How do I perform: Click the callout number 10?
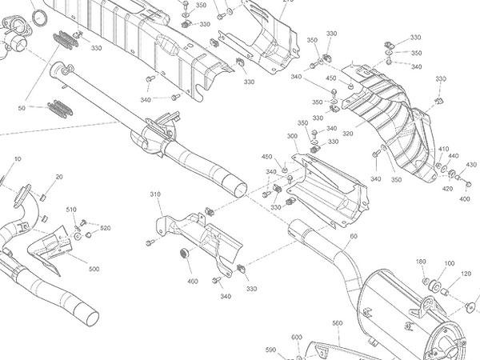[18, 159]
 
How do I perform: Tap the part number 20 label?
[59, 177]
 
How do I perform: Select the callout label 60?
[353, 237]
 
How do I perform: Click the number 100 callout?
[449, 263]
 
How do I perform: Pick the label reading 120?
[466, 274]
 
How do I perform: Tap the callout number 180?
[422, 262]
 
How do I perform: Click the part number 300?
[291, 137]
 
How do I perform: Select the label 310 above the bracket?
[155, 194]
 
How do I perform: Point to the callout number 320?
[348, 134]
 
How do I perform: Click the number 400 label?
[193, 282]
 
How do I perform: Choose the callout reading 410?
[444, 149]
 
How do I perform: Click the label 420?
[447, 189]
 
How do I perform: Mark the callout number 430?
[470, 165]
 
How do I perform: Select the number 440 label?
[454, 156]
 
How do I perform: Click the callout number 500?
[94, 269]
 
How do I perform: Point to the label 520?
[106, 229]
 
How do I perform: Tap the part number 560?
[337, 323]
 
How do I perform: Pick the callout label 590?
[270, 350]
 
